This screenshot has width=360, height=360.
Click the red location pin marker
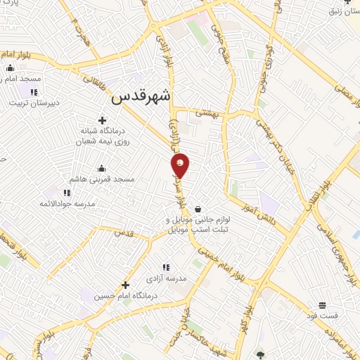181,165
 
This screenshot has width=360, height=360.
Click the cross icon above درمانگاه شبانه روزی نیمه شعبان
103,120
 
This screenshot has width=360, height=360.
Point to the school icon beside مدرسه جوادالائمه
67,193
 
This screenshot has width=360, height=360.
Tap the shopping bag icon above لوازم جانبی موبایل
198,209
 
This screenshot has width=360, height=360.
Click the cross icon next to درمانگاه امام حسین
126,285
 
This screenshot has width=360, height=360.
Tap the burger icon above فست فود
322,304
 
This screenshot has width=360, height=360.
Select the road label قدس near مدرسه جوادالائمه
122,232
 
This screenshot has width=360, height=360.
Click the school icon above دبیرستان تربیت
34,92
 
